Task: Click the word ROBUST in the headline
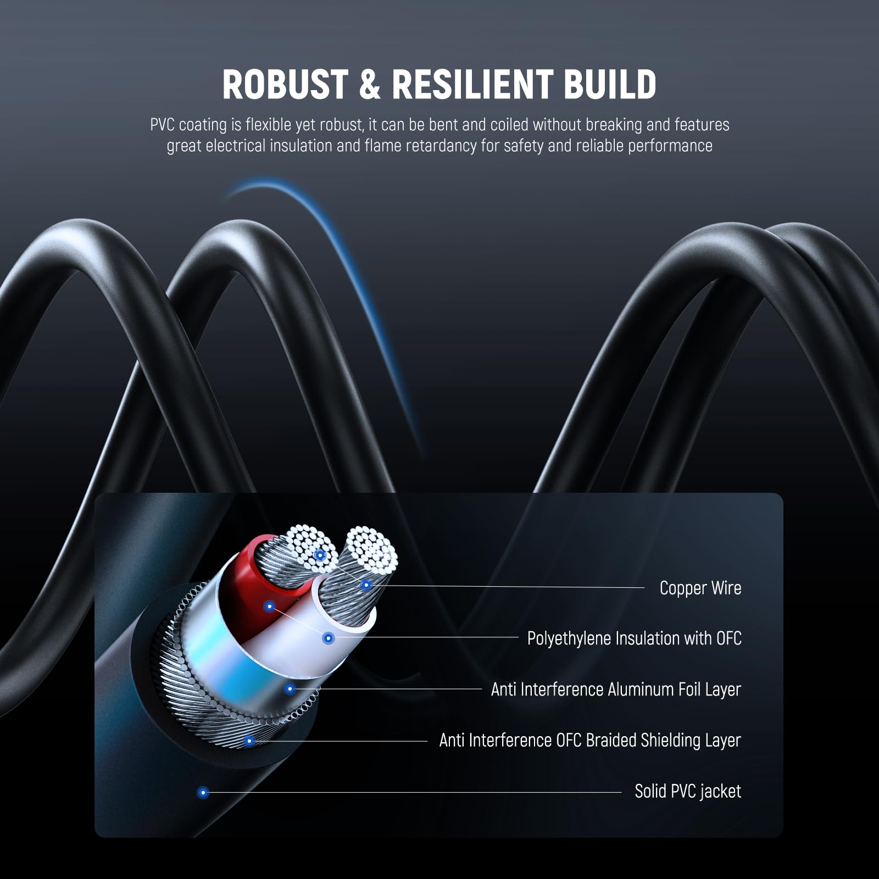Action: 284,85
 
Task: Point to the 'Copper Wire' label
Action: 700,588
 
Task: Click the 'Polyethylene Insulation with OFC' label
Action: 634,638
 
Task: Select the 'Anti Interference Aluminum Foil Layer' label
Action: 616,689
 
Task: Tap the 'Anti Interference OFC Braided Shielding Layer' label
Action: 590,741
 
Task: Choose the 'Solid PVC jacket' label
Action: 688,792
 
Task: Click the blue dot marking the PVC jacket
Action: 203,792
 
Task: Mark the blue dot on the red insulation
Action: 269,607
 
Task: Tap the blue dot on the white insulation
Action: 328,638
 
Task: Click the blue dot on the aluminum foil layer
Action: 290,689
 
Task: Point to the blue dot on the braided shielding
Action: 249,741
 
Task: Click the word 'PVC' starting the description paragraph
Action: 162,125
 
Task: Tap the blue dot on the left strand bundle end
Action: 319,555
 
